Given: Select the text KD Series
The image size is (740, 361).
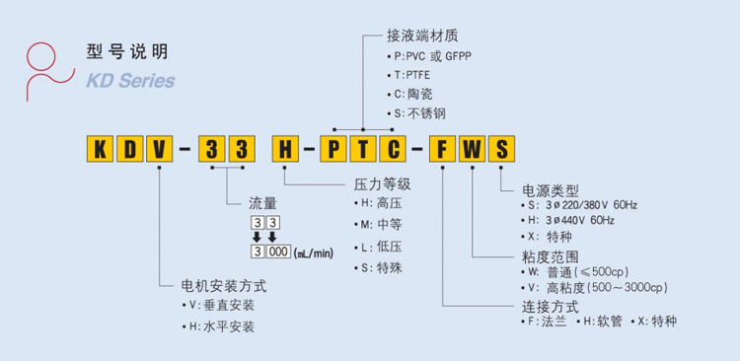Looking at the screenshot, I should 131,80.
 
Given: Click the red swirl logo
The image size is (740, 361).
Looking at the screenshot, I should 47,67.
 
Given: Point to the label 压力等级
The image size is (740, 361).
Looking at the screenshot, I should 381,183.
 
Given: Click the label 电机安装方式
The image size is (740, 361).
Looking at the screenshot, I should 224,287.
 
